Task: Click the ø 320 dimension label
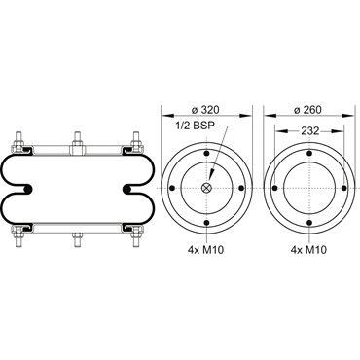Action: [205, 110]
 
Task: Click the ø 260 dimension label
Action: [307, 110]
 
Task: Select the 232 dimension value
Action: [310, 131]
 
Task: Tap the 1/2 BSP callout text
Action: [196, 126]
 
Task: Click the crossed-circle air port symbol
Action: [206, 188]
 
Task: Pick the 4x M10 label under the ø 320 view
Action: [206, 250]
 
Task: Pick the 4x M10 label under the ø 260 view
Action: [308, 250]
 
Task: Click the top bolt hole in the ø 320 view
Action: [206, 154]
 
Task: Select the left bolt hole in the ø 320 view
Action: [172, 188]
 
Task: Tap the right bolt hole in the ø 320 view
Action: [241, 188]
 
